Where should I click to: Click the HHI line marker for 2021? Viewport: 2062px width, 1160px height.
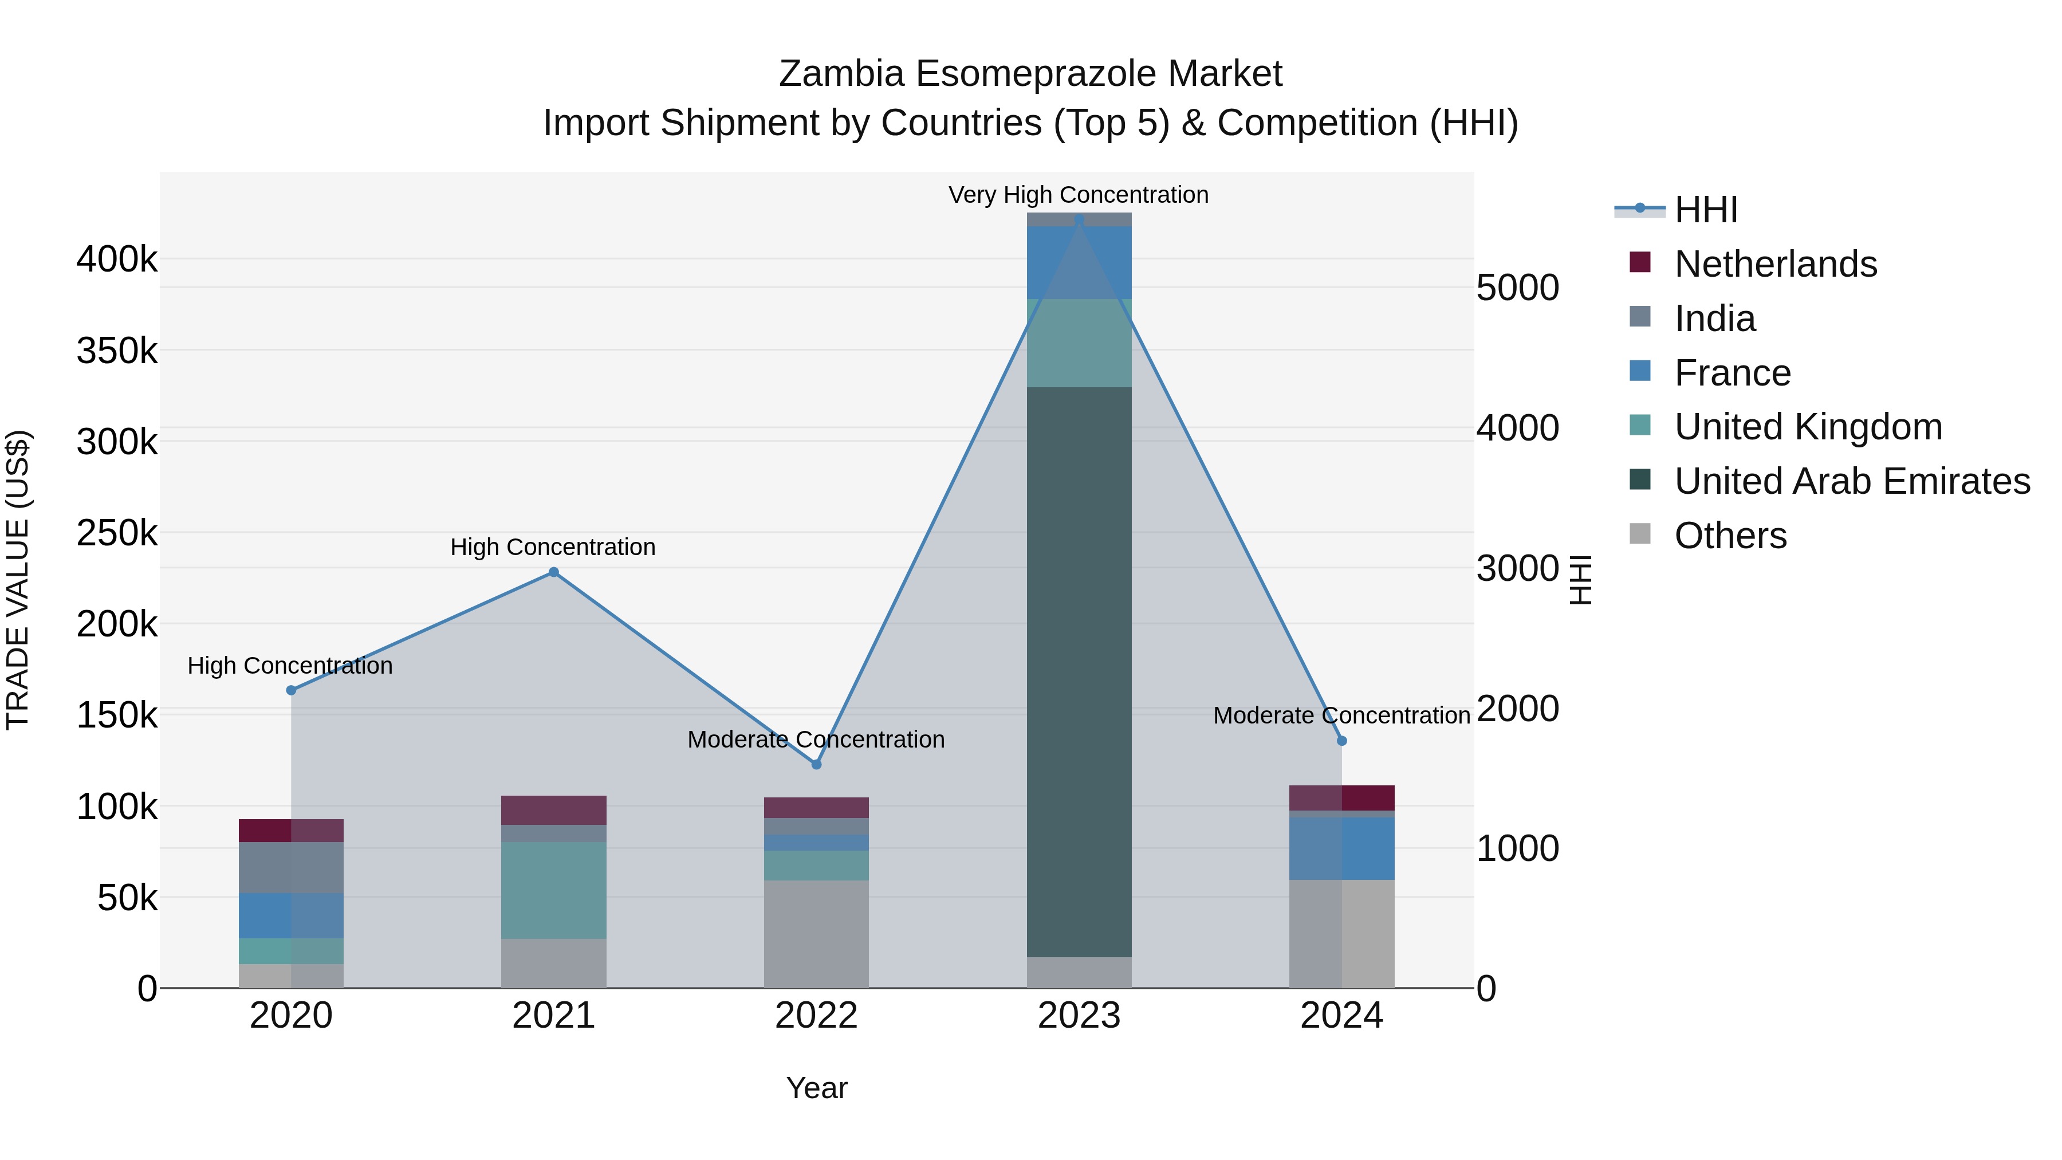(553, 572)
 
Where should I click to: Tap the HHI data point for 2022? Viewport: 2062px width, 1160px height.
(816, 765)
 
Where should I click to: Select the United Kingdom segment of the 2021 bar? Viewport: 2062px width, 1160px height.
(553, 890)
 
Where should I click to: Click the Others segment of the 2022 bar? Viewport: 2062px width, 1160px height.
(816, 934)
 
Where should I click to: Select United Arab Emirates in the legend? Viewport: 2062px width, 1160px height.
(1851, 481)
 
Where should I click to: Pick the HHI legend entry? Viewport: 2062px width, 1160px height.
(1705, 210)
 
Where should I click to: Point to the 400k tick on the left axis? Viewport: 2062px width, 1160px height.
(117, 259)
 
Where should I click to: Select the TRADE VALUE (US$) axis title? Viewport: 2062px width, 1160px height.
(18, 580)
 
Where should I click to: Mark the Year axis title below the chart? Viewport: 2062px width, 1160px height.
(816, 1088)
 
